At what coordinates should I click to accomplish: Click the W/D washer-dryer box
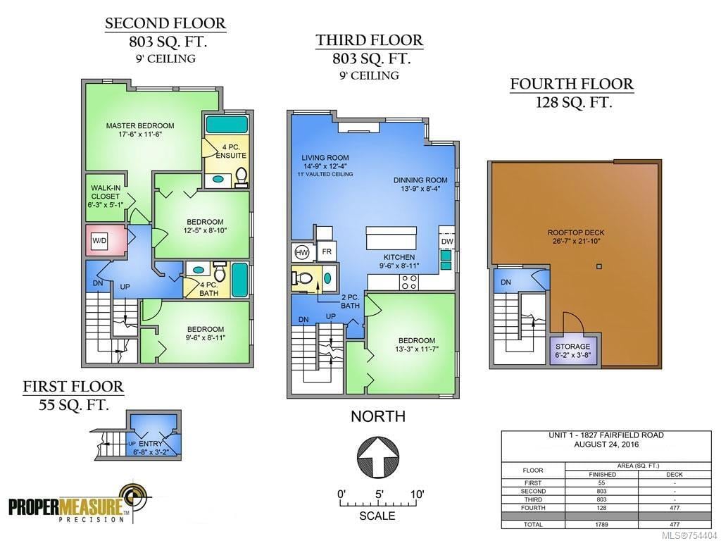click(99, 241)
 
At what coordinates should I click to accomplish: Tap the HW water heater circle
click(301, 252)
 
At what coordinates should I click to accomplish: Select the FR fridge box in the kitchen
click(327, 251)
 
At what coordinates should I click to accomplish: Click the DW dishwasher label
click(447, 242)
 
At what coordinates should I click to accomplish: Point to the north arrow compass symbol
click(378, 456)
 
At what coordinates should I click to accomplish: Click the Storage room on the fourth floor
click(573, 350)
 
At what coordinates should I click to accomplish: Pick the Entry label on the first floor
click(151, 444)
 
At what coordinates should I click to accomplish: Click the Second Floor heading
click(165, 23)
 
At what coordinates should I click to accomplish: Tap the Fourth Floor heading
click(572, 85)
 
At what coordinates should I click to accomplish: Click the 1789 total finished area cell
click(601, 524)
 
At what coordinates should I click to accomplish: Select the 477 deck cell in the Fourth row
click(675, 508)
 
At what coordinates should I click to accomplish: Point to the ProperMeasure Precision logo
click(80, 504)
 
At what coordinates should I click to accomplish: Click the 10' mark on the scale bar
click(417, 495)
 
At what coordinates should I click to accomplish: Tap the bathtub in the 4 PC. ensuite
click(227, 124)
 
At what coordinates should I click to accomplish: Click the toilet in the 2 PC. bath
click(303, 278)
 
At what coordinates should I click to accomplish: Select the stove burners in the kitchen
click(409, 282)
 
